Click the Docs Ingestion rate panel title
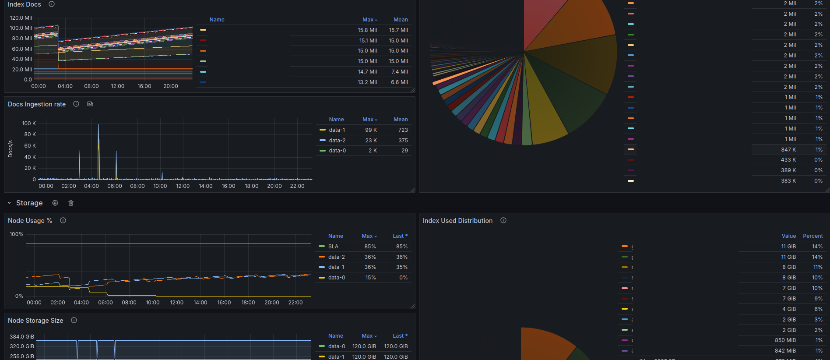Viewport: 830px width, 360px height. [37, 104]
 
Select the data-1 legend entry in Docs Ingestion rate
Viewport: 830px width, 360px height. [337, 130]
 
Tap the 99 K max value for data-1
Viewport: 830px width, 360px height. [371, 130]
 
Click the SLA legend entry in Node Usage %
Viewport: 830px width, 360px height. [333, 247]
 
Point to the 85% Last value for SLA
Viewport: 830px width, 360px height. [401, 247]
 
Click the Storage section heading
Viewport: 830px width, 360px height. [29, 203]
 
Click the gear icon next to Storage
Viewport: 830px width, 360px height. [55, 203]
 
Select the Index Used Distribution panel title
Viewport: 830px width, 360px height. [457, 221]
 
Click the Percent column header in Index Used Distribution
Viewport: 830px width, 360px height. [812, 236]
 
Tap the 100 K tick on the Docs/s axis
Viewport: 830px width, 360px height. [29, 124]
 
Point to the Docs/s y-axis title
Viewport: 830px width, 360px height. [11, 149]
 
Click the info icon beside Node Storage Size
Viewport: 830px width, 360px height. [74, 321]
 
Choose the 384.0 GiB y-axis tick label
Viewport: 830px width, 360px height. [22, 337]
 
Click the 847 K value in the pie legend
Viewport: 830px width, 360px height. [788, 150]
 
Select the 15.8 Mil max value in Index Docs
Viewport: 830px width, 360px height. [367, 30]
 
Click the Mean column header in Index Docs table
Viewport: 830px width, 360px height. [400, 20]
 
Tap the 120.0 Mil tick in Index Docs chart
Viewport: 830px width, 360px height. [21, 18]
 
